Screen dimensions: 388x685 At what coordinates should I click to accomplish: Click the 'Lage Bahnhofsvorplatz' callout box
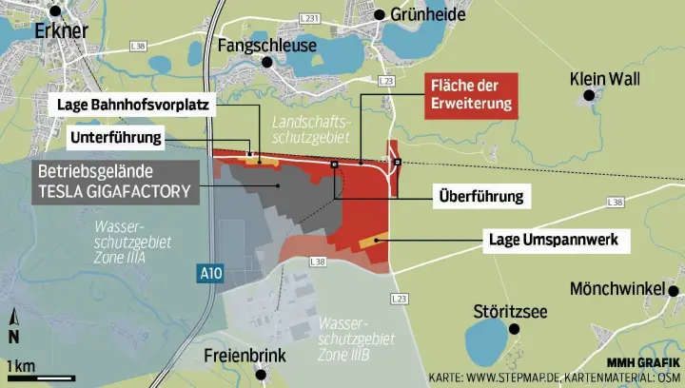133,105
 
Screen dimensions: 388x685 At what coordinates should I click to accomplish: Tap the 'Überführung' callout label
480,198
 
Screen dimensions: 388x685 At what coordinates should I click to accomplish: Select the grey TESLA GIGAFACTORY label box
114,182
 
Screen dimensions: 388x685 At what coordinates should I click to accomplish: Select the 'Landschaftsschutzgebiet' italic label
311,131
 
